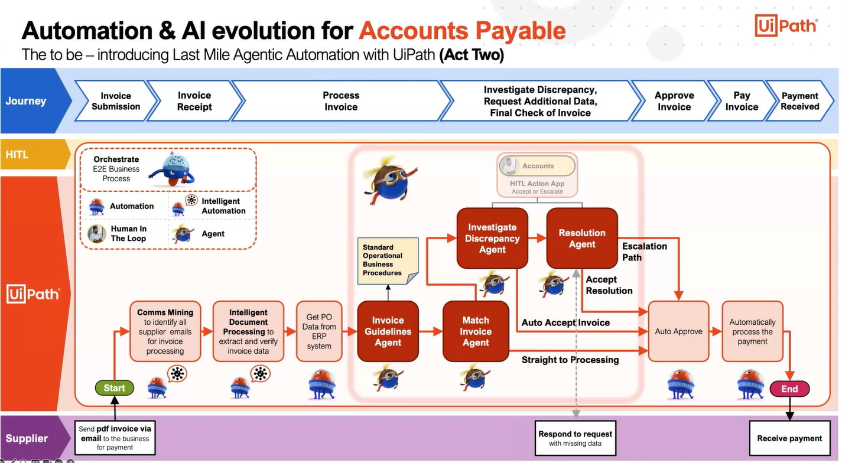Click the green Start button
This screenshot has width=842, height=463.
click(x=114, y=388)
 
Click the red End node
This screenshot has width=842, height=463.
click(x=789, y=389)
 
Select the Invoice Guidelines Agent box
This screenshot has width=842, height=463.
click(x=388, y=331)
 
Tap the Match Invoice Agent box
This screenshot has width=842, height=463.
click(x=476, y=331)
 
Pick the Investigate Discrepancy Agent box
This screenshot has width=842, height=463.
click(x=492, y=238)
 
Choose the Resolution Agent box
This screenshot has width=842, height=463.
click(x=581, y=238)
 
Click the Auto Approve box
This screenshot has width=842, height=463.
click(x=678, y=331)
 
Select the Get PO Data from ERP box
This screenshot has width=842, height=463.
click(x=319, y=331)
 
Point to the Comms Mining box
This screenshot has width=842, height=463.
click(x=165, y=331)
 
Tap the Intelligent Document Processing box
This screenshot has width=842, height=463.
click(x=248, y=331)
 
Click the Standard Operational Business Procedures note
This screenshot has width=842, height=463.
click(x=388, y=260)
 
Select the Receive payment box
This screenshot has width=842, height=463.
click(x=789, y=438)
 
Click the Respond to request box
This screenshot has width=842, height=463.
click(x=575, y=438)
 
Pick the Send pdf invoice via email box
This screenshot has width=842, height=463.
click(x=115, y=438)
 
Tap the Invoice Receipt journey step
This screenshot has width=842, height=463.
click(x=194, y=101)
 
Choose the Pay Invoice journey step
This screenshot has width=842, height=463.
click(x=742, y=101)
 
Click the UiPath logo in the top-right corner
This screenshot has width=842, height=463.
click(x=786, y=27)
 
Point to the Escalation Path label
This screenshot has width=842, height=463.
click(x=644, y=252)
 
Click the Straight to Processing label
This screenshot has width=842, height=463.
click(x=570, y=360)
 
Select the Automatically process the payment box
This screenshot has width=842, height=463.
click(x=752, y=331)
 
